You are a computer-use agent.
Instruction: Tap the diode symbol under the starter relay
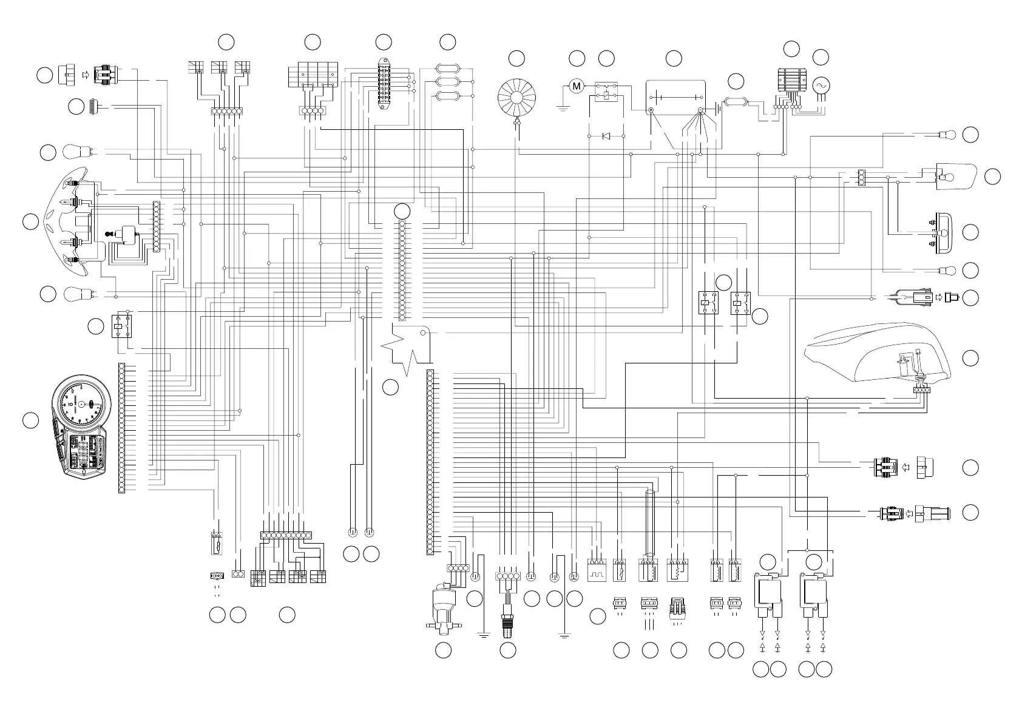point(606,137)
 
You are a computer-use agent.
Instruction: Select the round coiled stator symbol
point(517,97)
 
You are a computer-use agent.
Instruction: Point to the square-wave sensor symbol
point(597,572)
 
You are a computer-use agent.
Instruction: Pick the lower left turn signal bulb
point(77,294)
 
